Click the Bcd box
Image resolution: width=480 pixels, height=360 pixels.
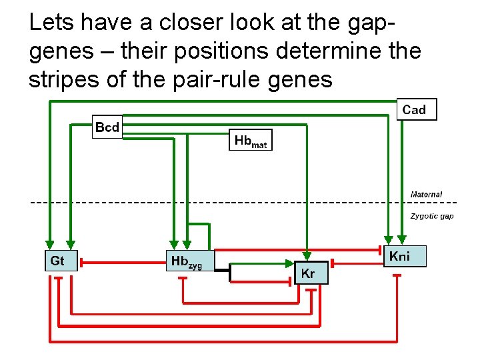(x=107, y=127)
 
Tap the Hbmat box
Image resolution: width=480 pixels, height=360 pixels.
(x=251, y=140)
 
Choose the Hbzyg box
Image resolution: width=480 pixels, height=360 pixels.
(x=189, y=261)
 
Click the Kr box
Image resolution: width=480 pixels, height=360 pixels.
(x=311, y=273)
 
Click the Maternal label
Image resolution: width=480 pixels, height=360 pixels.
(x=426, y=194)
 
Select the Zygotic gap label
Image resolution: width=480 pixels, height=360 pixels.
(x=431, y=216)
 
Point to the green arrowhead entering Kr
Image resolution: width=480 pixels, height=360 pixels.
(x=307, y=255)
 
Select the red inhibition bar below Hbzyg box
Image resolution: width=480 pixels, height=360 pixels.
(x=183, y=278)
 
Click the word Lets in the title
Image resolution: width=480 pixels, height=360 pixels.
(x=51, y=23)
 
